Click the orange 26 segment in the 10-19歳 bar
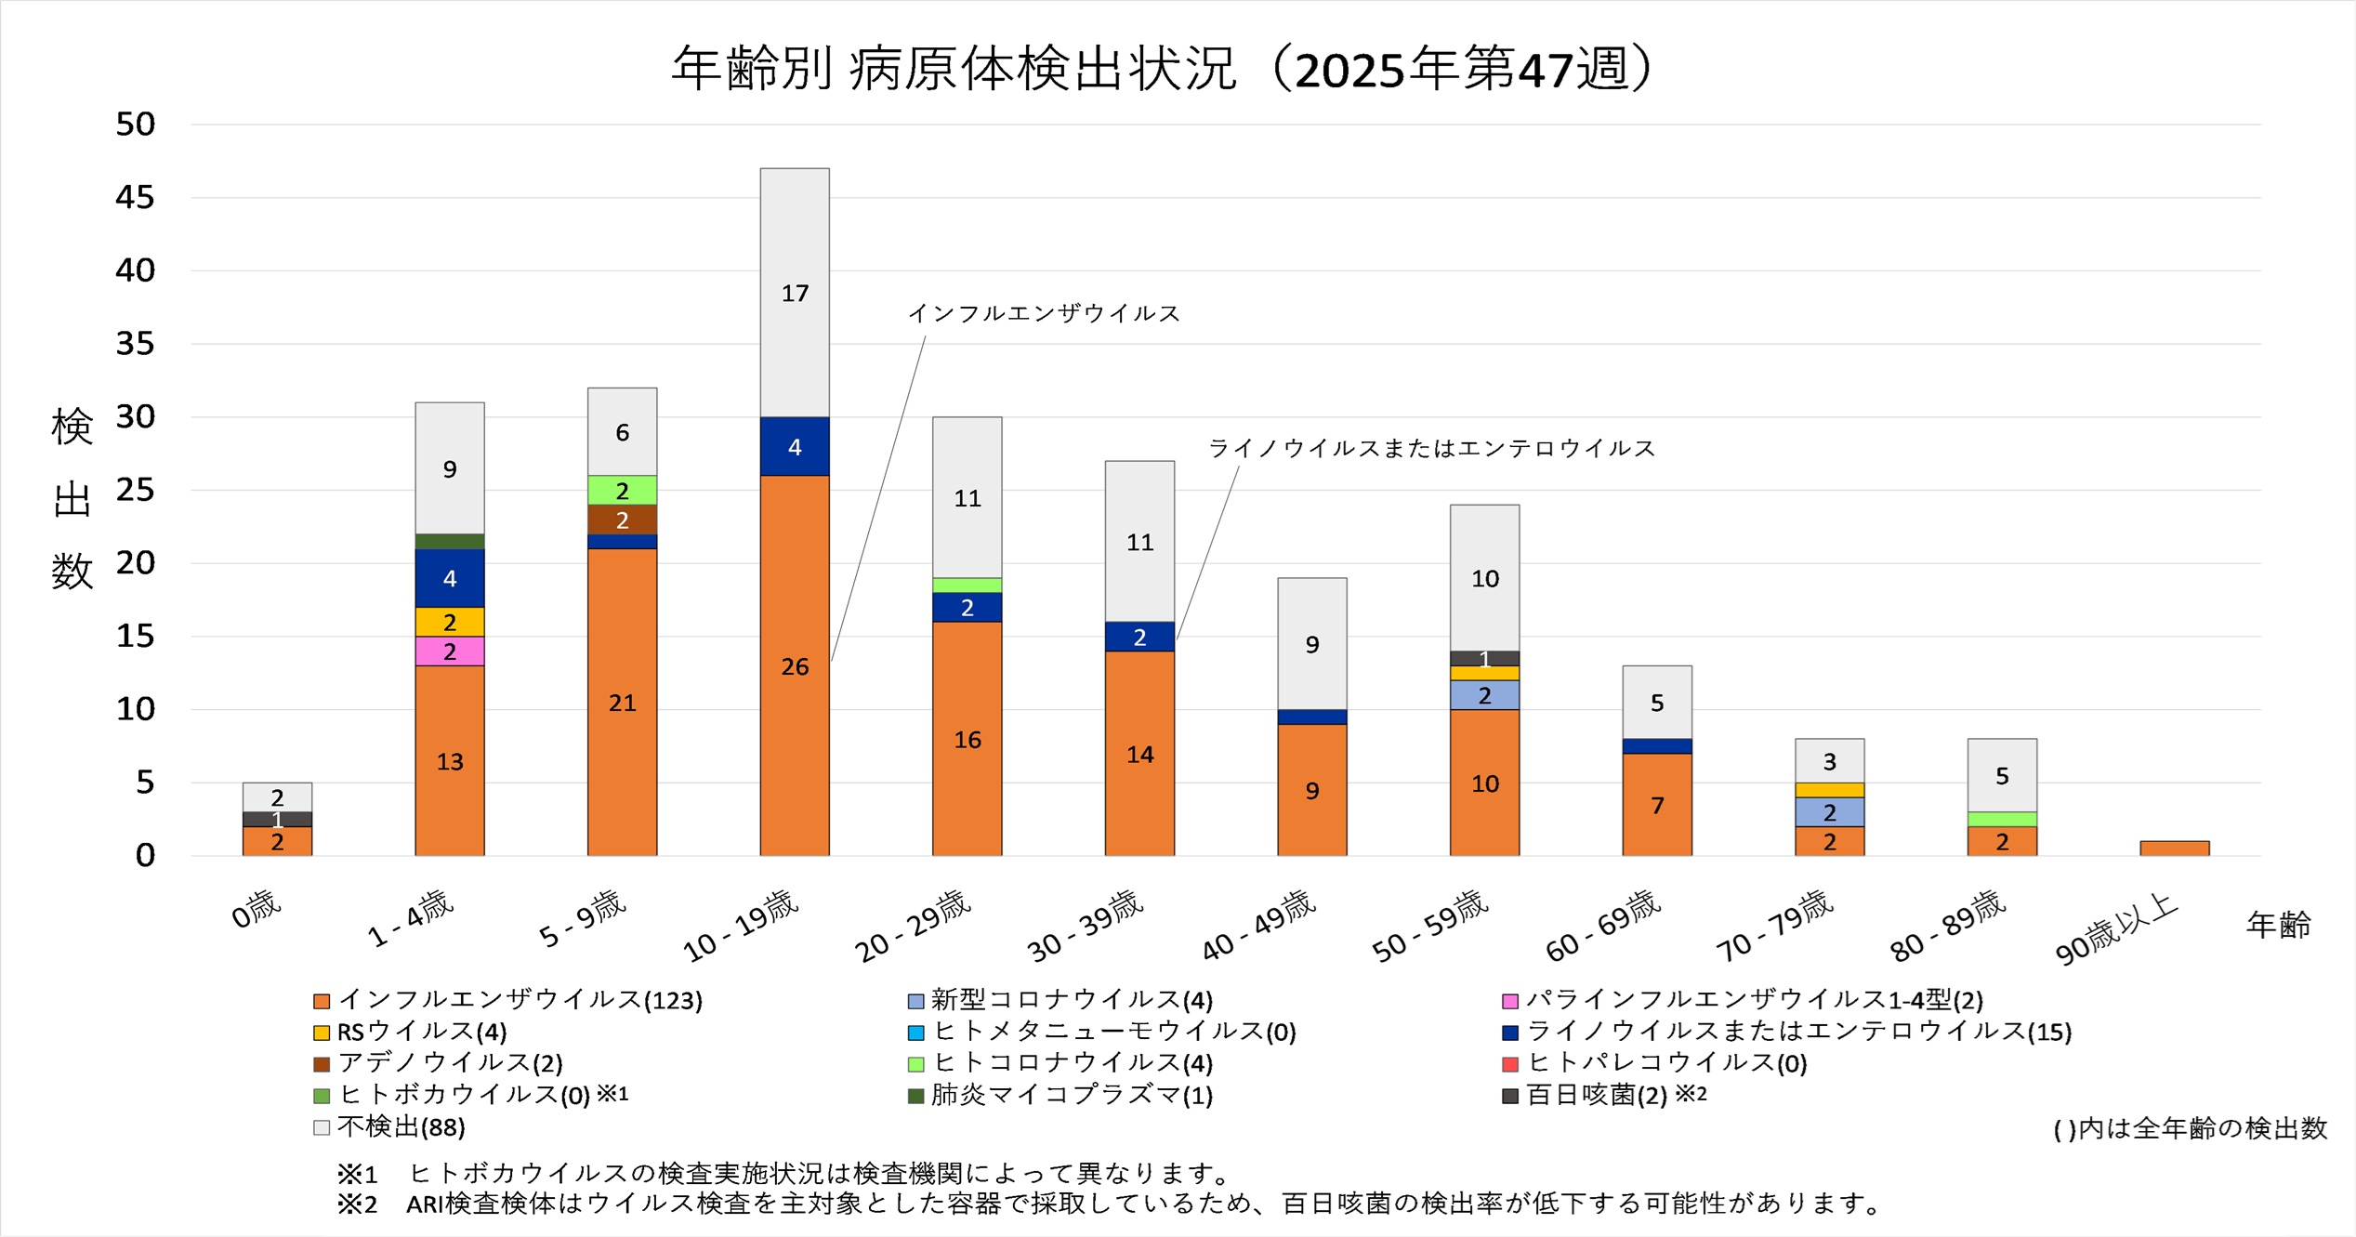(795, 665)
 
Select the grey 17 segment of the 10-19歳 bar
(795, 293)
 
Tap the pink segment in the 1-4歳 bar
(450, 651)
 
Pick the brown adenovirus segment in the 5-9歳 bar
(623, 520)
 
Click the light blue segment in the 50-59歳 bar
(1485, 695)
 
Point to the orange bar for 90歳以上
(2175, 849)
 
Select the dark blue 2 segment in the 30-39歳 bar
(1139, 637)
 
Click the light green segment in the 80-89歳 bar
(2002, 820)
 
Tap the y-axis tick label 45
(136, 197)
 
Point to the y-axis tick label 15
(136, 637)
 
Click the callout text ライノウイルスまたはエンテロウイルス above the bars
(1431, 449)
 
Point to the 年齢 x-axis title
(2278, 925)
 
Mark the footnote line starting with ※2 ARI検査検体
(1111, 1204)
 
